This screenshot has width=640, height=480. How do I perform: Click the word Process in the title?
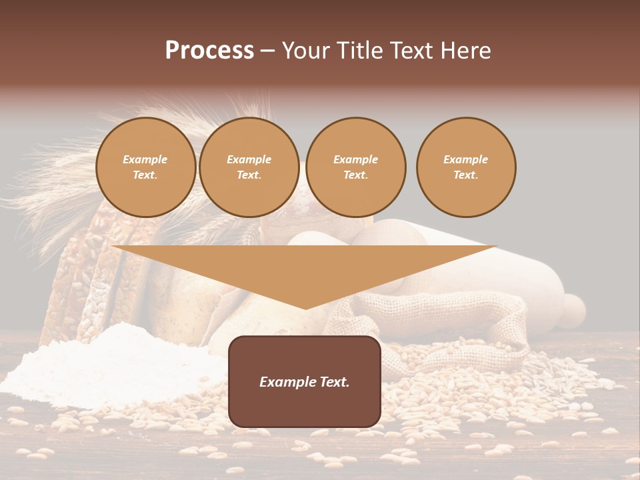tap(209, 51)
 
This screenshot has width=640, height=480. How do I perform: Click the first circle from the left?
tap(146, 167)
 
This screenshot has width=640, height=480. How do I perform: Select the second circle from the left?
tap(249, 167)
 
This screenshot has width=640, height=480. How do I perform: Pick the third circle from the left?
tap(356, 167)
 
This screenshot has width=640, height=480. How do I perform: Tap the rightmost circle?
tap(466, 167)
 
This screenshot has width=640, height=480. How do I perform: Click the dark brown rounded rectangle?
tap(305, 381)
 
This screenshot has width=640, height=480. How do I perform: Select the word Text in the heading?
tap(413, 51)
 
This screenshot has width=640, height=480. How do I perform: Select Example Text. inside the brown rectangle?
tap(305, 382)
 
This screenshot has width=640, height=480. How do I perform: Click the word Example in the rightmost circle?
tap(466, 159)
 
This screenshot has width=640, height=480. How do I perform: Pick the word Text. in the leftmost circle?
tap(145, 175)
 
